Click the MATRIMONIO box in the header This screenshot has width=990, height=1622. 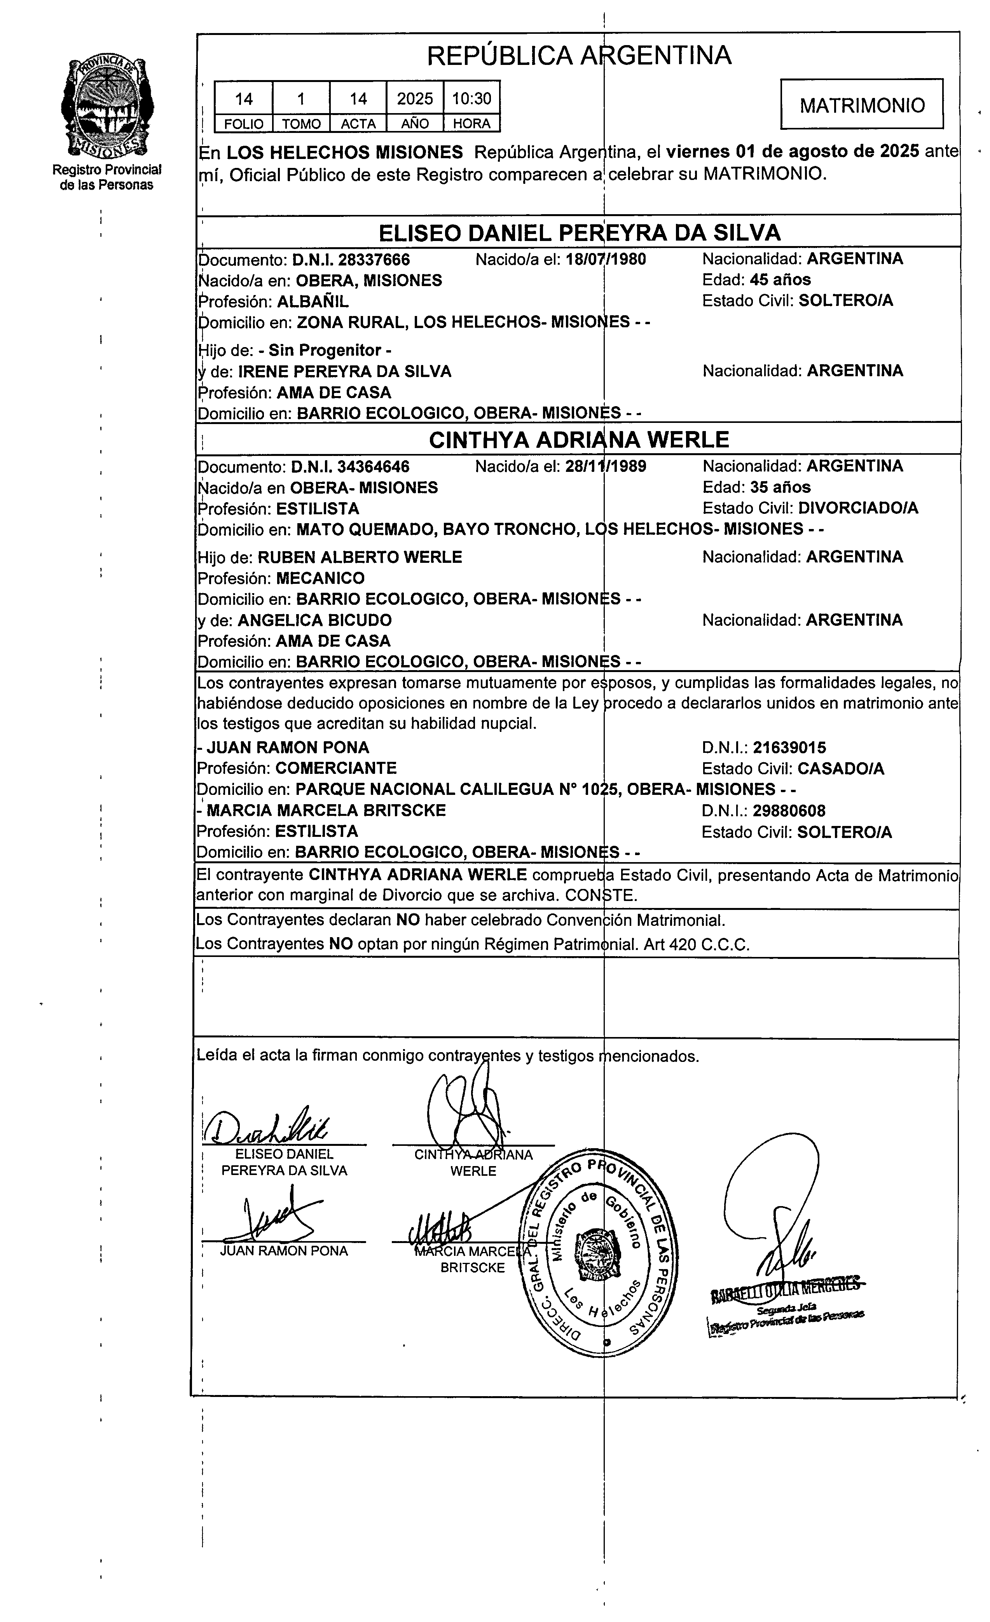click(x=862, y=105)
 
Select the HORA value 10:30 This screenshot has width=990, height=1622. click(x=471, y=99)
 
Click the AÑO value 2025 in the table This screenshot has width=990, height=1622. click(x=415, y=99)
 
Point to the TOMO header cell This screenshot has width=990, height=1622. click(x=301, y=124)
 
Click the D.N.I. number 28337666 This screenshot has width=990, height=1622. click(x=374, y=259)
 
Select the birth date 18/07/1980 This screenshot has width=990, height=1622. click(x=606, y=259)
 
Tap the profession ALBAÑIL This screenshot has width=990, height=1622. click(x=313, y=302)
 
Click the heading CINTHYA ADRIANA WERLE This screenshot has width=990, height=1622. click(x=579, y=439)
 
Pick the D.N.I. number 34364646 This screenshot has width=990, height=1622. click(x=373, y=467)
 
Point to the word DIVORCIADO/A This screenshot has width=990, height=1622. click(x=858, y=508)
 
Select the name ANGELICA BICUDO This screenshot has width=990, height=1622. click(x=314, y=620)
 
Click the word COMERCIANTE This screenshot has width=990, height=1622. click(x=336, y=768)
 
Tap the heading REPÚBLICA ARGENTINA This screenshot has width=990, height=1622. click(x=579, y=55)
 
